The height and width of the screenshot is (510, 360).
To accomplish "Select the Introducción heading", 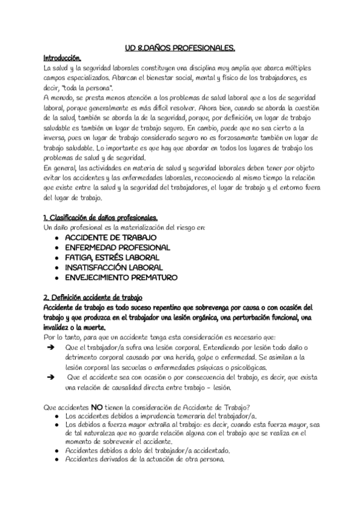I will (x=63, y=58).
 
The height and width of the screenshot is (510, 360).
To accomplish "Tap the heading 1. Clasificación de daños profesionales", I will (x=101, y=217).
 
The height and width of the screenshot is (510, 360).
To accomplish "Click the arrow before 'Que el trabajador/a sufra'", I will (x=50, y=348).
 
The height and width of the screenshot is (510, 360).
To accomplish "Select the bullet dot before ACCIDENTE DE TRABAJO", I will (x=56, y=238).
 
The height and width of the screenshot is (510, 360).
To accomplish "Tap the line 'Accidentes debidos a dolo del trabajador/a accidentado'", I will (x=147, y=450).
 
